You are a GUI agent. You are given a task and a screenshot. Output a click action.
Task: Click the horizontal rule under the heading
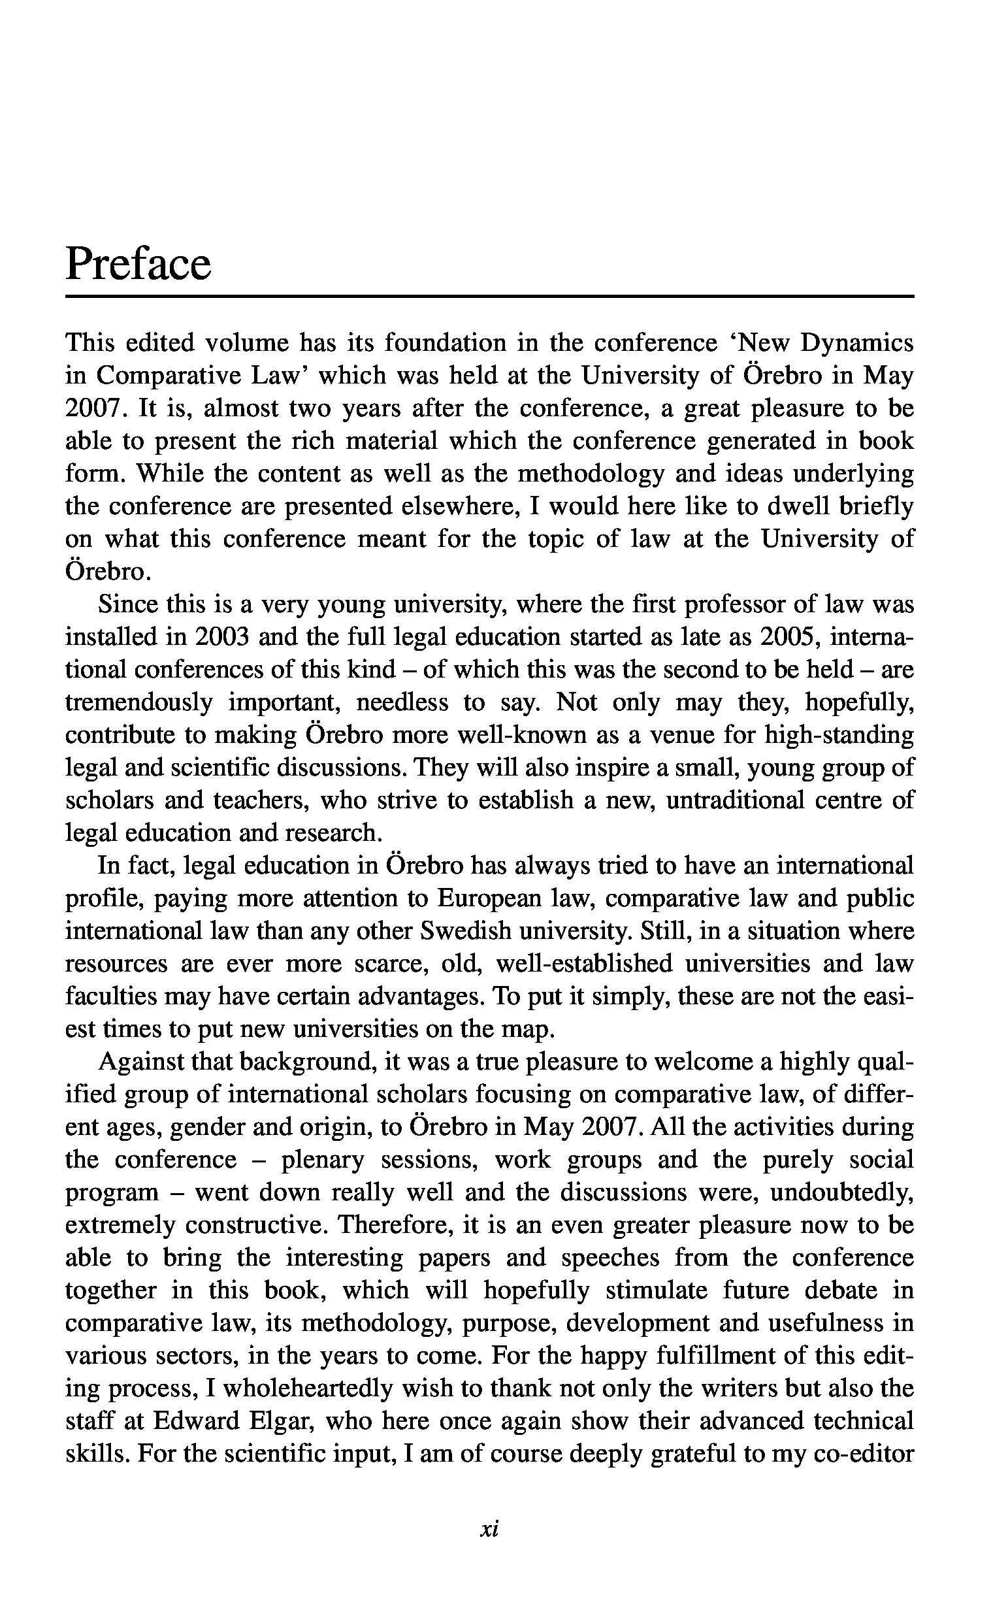coord(489,297)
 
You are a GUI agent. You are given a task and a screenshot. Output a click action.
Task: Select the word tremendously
coord(138,702)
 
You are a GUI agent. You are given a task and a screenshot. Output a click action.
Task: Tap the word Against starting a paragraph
coord(141,1062)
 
